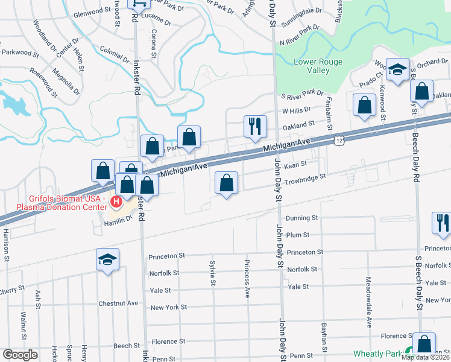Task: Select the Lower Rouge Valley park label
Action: [318, 66]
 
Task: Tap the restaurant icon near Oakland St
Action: [255, 126]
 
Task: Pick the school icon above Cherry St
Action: [107, 259]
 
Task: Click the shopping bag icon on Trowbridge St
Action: [227, 183]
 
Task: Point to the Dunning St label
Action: [302, 218]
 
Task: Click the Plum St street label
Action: [298, 235]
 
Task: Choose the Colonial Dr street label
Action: [113, 54]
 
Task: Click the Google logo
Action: [20, 355]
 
